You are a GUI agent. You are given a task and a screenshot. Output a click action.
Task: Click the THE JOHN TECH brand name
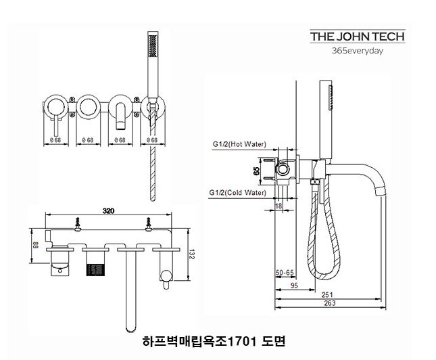coord(357,37)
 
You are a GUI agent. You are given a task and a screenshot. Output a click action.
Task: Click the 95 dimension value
coord(293,285)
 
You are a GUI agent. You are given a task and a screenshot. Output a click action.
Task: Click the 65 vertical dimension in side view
coord(257,171)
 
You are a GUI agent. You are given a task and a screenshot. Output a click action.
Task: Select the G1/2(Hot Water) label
coord(239,144)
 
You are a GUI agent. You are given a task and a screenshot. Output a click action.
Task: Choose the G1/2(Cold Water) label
coord(238,192)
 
